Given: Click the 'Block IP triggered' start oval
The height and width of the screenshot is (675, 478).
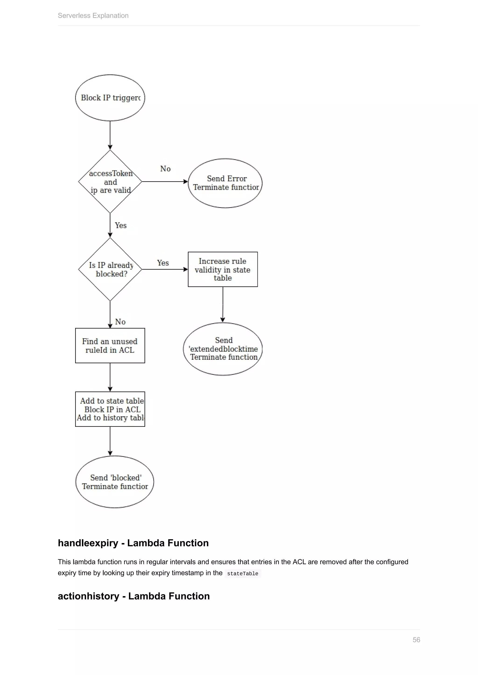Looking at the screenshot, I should (110, 98).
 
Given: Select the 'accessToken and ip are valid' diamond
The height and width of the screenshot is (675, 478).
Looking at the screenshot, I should (110, 182).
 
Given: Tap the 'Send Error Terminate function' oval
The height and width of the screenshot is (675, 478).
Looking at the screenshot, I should (225, 183).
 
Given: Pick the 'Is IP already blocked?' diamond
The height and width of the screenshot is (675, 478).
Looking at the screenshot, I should (110, 269).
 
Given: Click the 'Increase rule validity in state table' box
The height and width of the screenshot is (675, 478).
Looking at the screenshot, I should (223, 269).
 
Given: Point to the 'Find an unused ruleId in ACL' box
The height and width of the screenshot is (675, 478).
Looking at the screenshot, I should (110, 345).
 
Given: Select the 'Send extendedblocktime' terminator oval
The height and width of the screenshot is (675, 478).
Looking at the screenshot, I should (223, 349).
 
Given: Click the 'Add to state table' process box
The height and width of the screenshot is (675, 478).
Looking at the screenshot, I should (110, 409).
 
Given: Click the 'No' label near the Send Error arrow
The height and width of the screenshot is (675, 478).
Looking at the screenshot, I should (165, 169).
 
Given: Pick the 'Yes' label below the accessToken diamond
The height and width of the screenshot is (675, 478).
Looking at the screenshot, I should (121, 225).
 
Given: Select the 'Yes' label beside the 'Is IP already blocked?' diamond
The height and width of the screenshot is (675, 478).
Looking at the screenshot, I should (163, 263).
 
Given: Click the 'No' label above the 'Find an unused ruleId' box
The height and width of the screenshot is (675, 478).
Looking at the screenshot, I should (120, 322).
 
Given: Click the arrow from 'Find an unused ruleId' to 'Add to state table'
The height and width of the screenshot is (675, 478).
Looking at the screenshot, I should (110, 377).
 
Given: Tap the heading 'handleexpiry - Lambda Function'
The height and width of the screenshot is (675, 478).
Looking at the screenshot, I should (133, 543).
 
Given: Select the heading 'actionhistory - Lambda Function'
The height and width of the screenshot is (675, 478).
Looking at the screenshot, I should (134, 596).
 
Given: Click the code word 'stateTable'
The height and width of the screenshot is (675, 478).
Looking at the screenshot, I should (243, 573).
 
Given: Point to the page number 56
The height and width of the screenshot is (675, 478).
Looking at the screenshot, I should (416, 640).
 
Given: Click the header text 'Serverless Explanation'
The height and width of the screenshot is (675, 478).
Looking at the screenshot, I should (93, 16).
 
